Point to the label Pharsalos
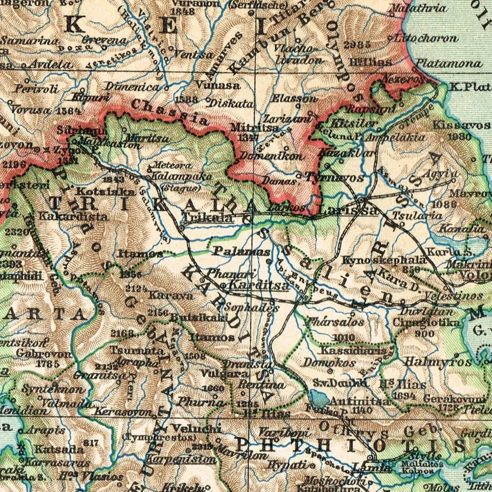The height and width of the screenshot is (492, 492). pyautogui.click(x=334, y=322)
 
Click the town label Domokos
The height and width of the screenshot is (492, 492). pyautogui.click(x=330, y=362)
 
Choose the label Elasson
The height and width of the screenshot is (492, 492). pyautogui.click(x=295, y=98)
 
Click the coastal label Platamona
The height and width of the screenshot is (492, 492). pyautogui.click(x=449, y=64)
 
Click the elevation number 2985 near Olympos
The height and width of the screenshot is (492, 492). pyautogui.click(x=357, y=45)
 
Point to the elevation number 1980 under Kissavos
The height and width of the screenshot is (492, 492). pyautogui.click(x=459, y=137)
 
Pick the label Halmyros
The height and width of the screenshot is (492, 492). pyautogui.click(x=438, y=362)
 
